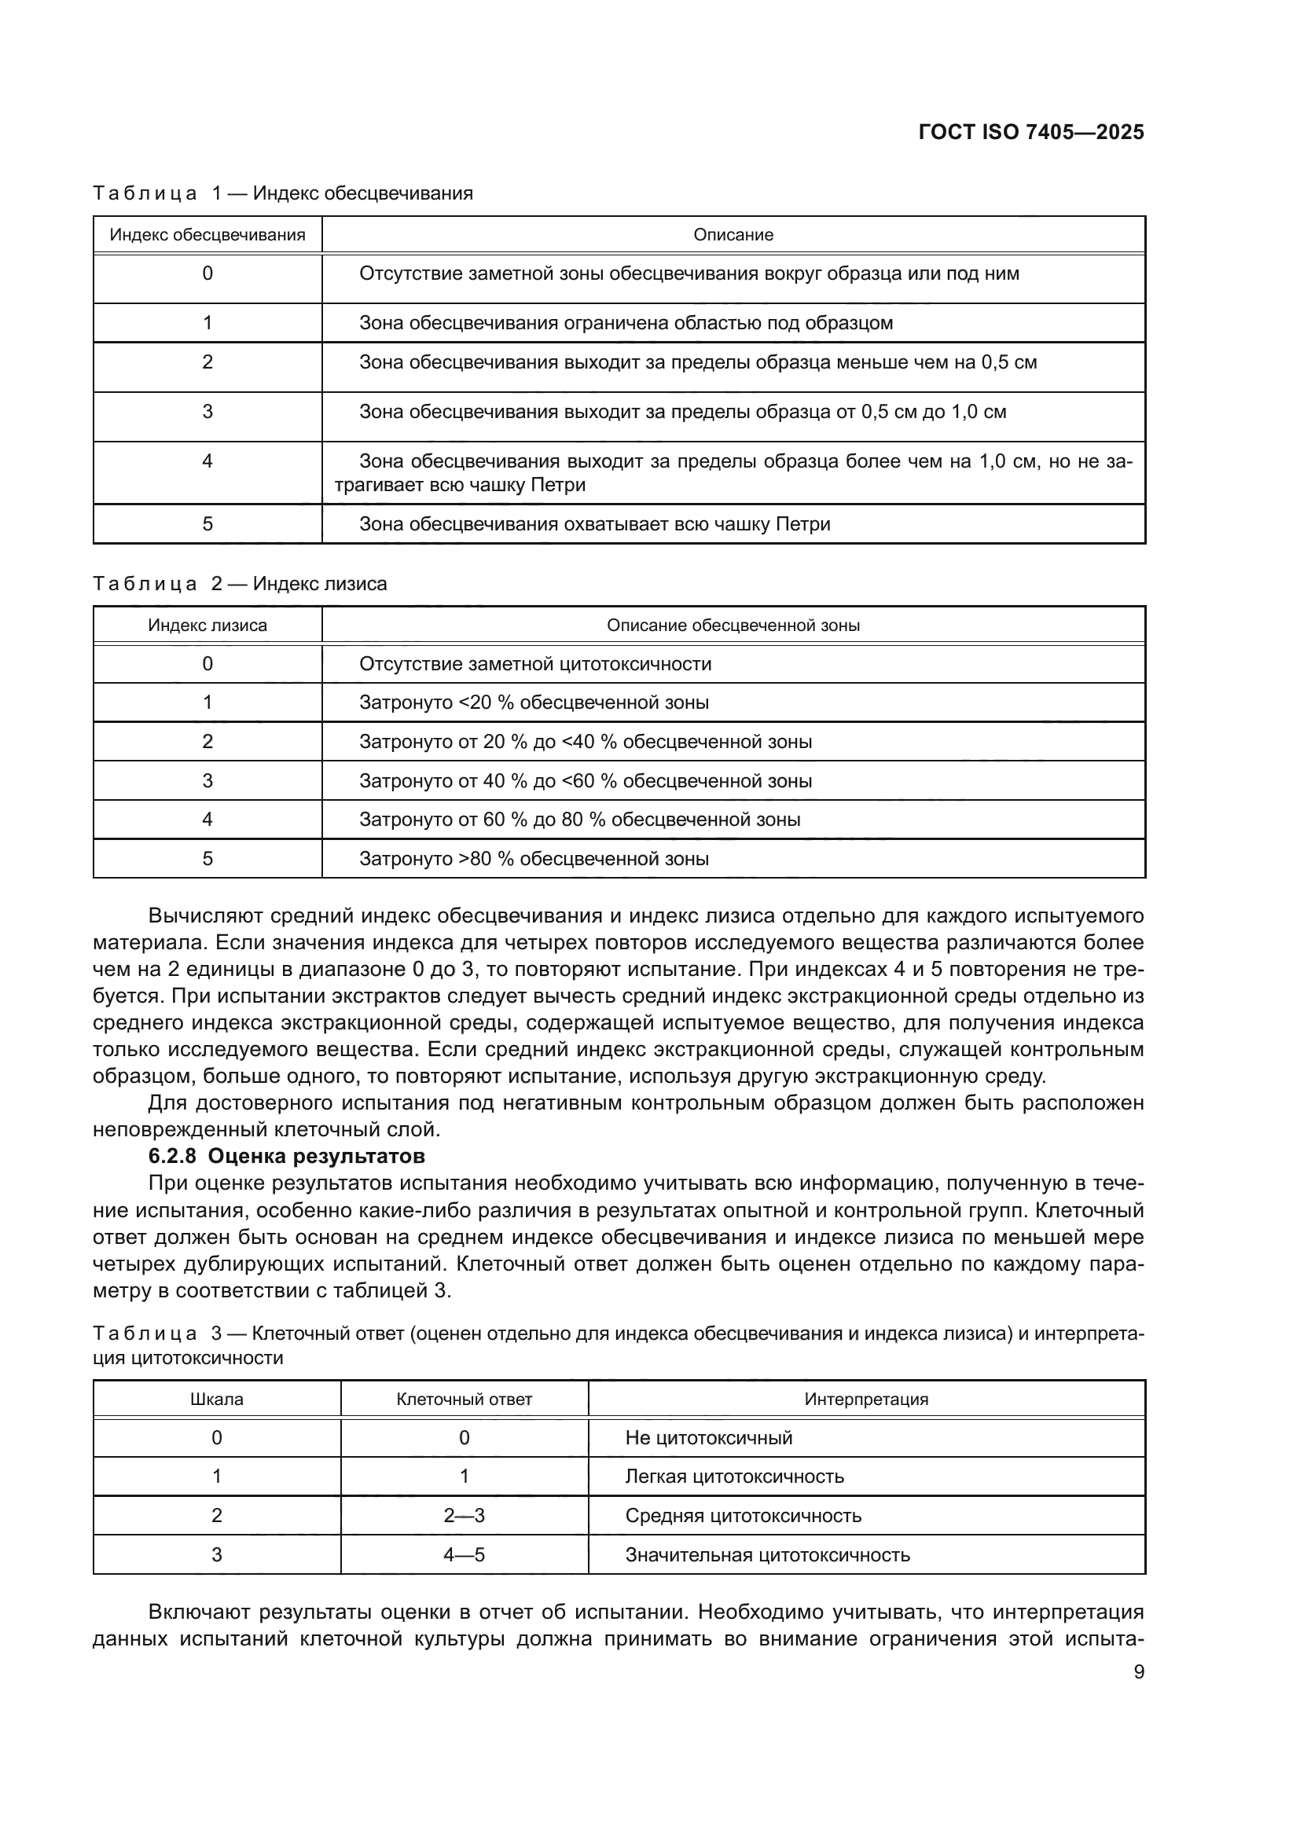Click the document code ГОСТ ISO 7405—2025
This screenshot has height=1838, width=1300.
1030,133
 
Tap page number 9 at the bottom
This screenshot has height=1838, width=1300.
1138,1672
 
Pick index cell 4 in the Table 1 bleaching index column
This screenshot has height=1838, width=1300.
207,461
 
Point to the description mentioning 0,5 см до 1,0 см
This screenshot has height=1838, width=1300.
682,413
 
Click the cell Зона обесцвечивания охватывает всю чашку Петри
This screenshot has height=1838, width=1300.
594,524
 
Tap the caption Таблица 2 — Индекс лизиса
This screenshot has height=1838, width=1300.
240,584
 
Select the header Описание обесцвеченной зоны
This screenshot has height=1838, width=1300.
733,626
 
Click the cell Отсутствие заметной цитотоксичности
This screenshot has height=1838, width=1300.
534,664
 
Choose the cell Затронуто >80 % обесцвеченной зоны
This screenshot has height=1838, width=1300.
533,859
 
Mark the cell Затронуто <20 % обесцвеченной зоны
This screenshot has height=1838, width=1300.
533,703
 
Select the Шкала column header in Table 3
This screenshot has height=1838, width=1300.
216,1400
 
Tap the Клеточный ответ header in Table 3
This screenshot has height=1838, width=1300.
464,1400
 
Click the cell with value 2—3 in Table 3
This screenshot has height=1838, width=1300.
464,1515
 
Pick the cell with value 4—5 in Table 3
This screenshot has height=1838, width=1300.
464,1554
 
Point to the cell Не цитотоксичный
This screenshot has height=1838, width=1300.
708,1438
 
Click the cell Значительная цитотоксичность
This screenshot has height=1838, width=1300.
767,1554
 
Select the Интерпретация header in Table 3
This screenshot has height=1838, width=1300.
865,1400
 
